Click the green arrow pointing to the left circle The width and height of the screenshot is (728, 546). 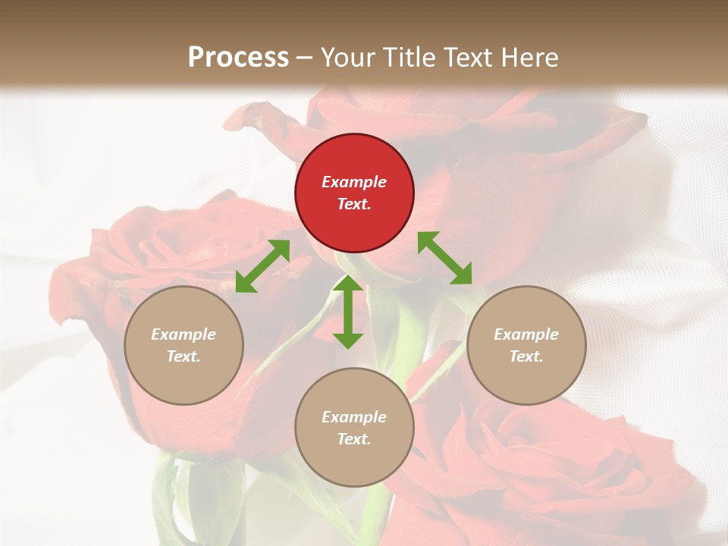(262, 266)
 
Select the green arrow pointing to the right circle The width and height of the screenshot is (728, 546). (445, 258)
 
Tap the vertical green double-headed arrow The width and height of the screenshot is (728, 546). (348, 312)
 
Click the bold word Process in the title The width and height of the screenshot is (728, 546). (238, 57)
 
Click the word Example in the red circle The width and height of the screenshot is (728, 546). (354, 182)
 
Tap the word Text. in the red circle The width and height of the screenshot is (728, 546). (354, 204)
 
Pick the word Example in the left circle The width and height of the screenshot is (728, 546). (184, 334)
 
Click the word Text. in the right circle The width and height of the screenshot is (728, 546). (526, 356)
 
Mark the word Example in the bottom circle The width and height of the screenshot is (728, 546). (354, 417)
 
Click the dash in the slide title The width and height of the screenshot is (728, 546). (304, 58)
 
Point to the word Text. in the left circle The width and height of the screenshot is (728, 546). (184, 356)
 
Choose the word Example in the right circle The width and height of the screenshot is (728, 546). (526, 334)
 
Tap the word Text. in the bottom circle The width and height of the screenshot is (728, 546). (354, 439)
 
